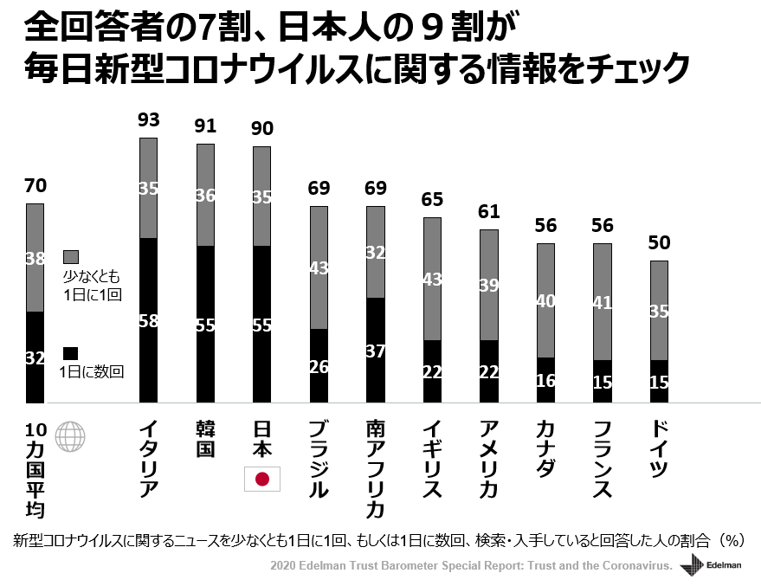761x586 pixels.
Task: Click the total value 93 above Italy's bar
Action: click(x=148, y=119)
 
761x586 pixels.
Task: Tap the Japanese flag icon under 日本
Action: click(x=261, y=478)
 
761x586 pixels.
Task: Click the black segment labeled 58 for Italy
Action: click(x=148, y=320)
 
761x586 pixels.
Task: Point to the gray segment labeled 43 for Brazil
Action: click(x=319, y=267)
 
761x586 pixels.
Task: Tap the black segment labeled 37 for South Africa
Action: click(x=376, y=350)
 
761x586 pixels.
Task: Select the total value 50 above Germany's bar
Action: click(x=658, y=242)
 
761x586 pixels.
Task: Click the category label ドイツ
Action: click(x=659, y=450)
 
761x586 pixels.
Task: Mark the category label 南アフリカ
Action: click(x=376, y=468)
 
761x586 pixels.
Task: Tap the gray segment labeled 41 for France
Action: click(x=602, y=302)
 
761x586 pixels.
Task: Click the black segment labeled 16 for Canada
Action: click(x=545, y=380)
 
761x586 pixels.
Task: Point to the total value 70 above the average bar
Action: click(x=35, y=185)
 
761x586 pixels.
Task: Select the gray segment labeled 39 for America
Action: click(x=488, y=285)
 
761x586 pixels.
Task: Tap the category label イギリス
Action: click(x=431, y=460)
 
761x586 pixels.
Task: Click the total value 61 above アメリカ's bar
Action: click(x=488, y=211)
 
